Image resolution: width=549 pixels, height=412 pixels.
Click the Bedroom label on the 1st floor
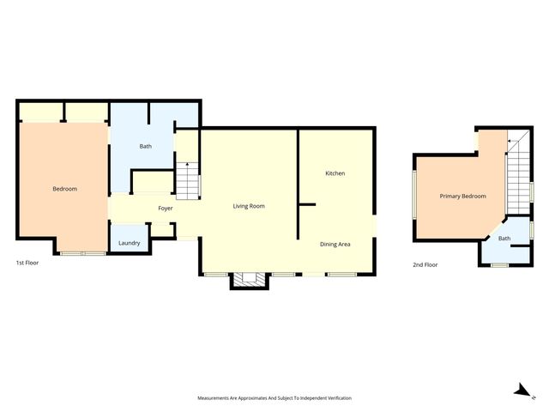64,188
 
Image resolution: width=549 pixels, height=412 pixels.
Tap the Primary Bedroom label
462,197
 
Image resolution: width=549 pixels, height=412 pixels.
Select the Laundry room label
129,243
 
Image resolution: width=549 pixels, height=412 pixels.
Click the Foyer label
166,209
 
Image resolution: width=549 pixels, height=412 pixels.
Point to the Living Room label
249,206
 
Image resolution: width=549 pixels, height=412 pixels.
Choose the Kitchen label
335,173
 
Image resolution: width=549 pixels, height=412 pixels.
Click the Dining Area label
335,245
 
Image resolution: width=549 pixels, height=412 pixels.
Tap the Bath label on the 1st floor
146,146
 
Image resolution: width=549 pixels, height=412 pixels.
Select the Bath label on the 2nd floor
504,239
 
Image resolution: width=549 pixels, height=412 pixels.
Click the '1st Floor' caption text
27,263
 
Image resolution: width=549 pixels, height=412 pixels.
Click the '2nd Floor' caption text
425,265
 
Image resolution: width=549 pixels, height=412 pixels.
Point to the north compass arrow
520,389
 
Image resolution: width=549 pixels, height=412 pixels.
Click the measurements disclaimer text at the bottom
274,398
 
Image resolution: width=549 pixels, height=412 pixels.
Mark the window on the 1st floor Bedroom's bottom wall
82,253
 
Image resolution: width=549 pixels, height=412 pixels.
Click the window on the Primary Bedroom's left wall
414,196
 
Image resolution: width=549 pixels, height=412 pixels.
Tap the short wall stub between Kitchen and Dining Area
306,204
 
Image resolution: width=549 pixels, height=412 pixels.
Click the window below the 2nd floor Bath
498,265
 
